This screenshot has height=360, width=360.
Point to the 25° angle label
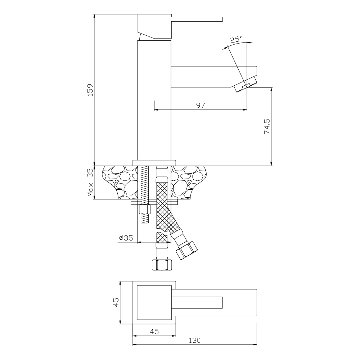click(x=236, y=39)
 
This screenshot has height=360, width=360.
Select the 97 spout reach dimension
click(x=201, y=105)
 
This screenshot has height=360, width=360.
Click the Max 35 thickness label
click(x=90, y=184)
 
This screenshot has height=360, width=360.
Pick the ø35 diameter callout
click(x=126, y=238)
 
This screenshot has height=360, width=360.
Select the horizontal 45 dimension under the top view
click(x=154, y=332)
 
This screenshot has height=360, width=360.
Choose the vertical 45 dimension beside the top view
click(x=116, y=302)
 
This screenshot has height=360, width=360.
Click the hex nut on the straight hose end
click(x=162, y=265)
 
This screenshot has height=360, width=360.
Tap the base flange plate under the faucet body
click(x=154, y=163)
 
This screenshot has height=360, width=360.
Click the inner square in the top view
click(x=154, y=302)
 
